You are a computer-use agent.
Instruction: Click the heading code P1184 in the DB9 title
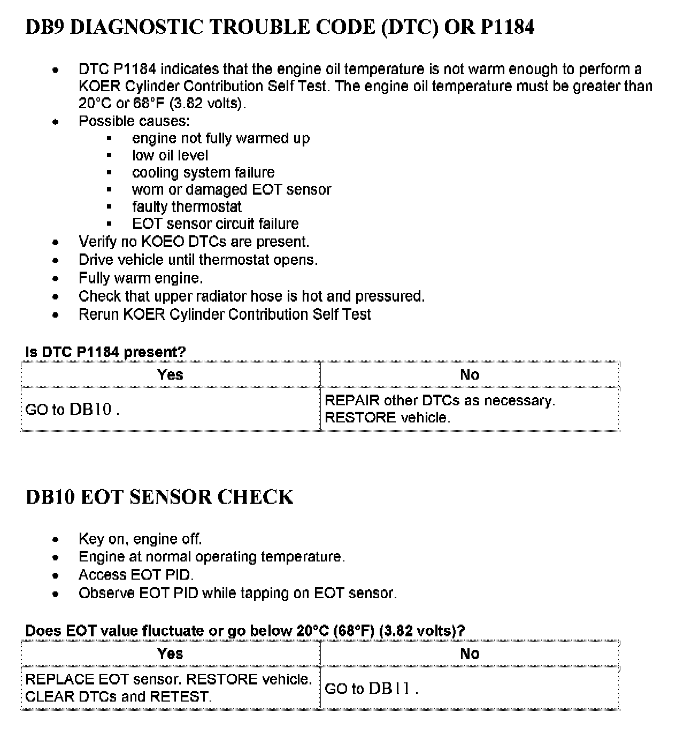pyautogui.click(x=507, y=27)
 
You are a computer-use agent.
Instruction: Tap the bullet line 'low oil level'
pyautogui.click(x=170, y=155)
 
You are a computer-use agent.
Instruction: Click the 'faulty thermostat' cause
pyautogui.click(x=187, y=206)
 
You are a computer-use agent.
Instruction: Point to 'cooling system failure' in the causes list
pyautogui.click(x=203, y=172)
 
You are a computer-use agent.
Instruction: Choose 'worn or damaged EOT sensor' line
pyautogui.click(x=232, y=189)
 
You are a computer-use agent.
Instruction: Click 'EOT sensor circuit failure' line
pyautogui.click(x=215, y=224)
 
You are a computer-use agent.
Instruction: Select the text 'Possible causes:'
pyautogui.click(x=134, y=121)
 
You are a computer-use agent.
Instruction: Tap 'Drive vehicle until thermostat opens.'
pyautogui.click(x=198, y=260)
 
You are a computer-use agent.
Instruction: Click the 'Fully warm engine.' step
pyautogui.click(x=141, y=278)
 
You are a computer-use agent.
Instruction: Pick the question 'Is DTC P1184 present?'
pyautogui.click(x=105, y=352)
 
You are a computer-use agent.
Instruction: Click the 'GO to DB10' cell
pyautogui.click(x=72, y=410)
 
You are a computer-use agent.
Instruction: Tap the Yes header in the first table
pyautogui.click(x=170, y=374)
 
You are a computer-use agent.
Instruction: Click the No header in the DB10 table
pyautogui.click(x=470, y=653)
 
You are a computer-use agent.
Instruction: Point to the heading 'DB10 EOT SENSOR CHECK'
pyautogui.click(x=159, y=497)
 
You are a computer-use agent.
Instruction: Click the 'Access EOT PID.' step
pyautogui.click(x=136, y=575)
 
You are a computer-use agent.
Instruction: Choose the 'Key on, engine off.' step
pyautogui.click(x=140, y=539)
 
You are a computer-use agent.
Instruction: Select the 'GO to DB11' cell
pyautogui.click(x=371, y=689)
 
